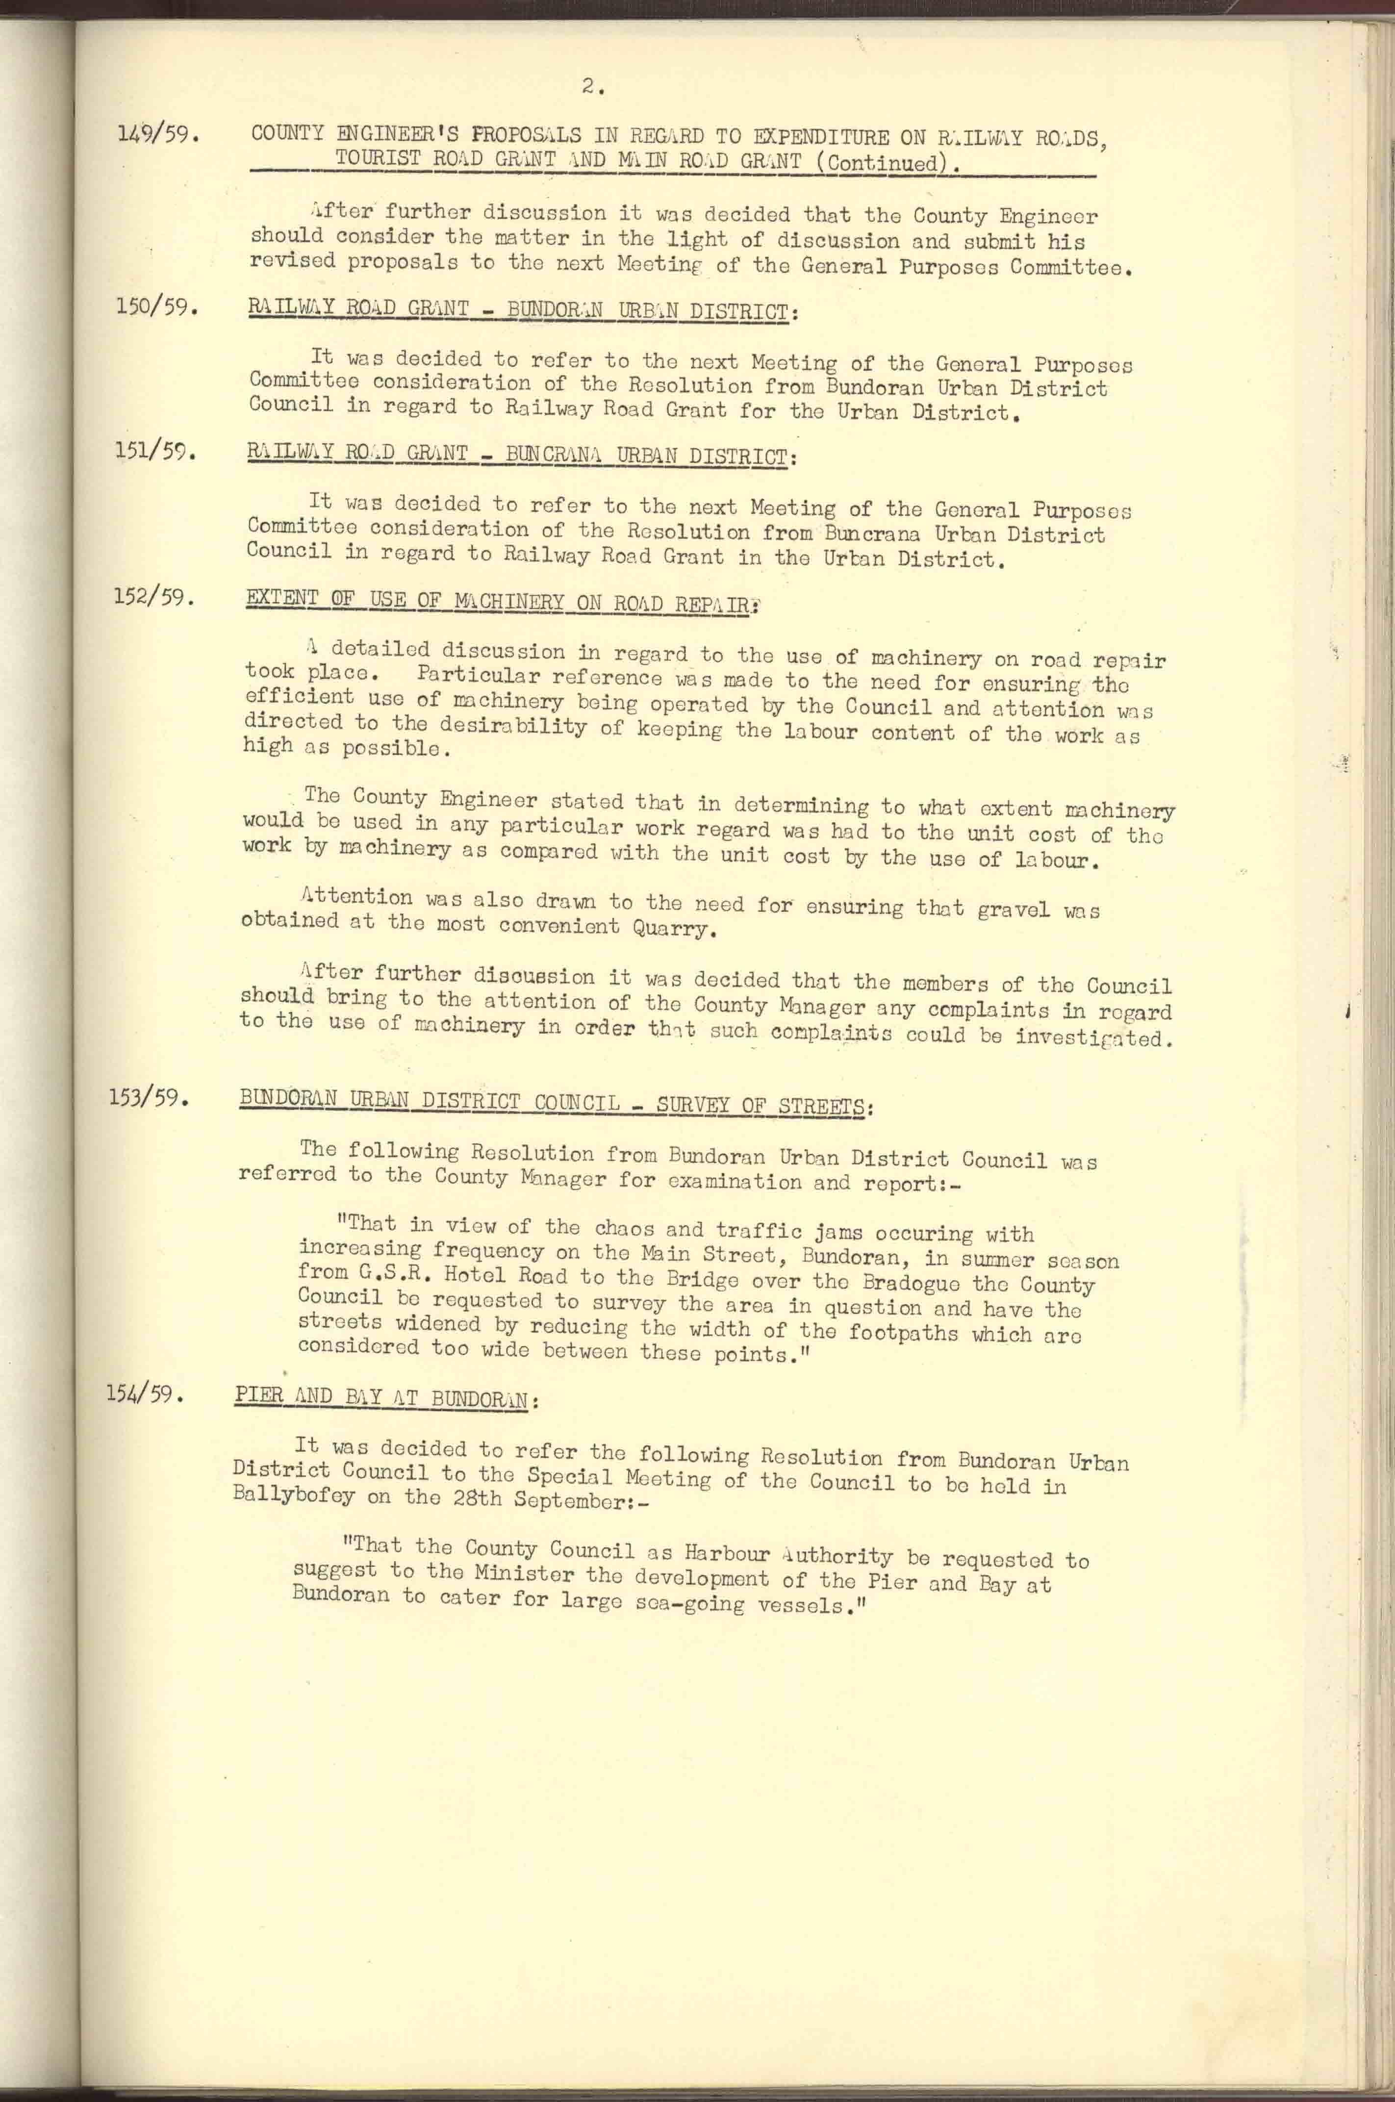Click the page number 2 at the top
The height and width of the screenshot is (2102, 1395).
[592, 86]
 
